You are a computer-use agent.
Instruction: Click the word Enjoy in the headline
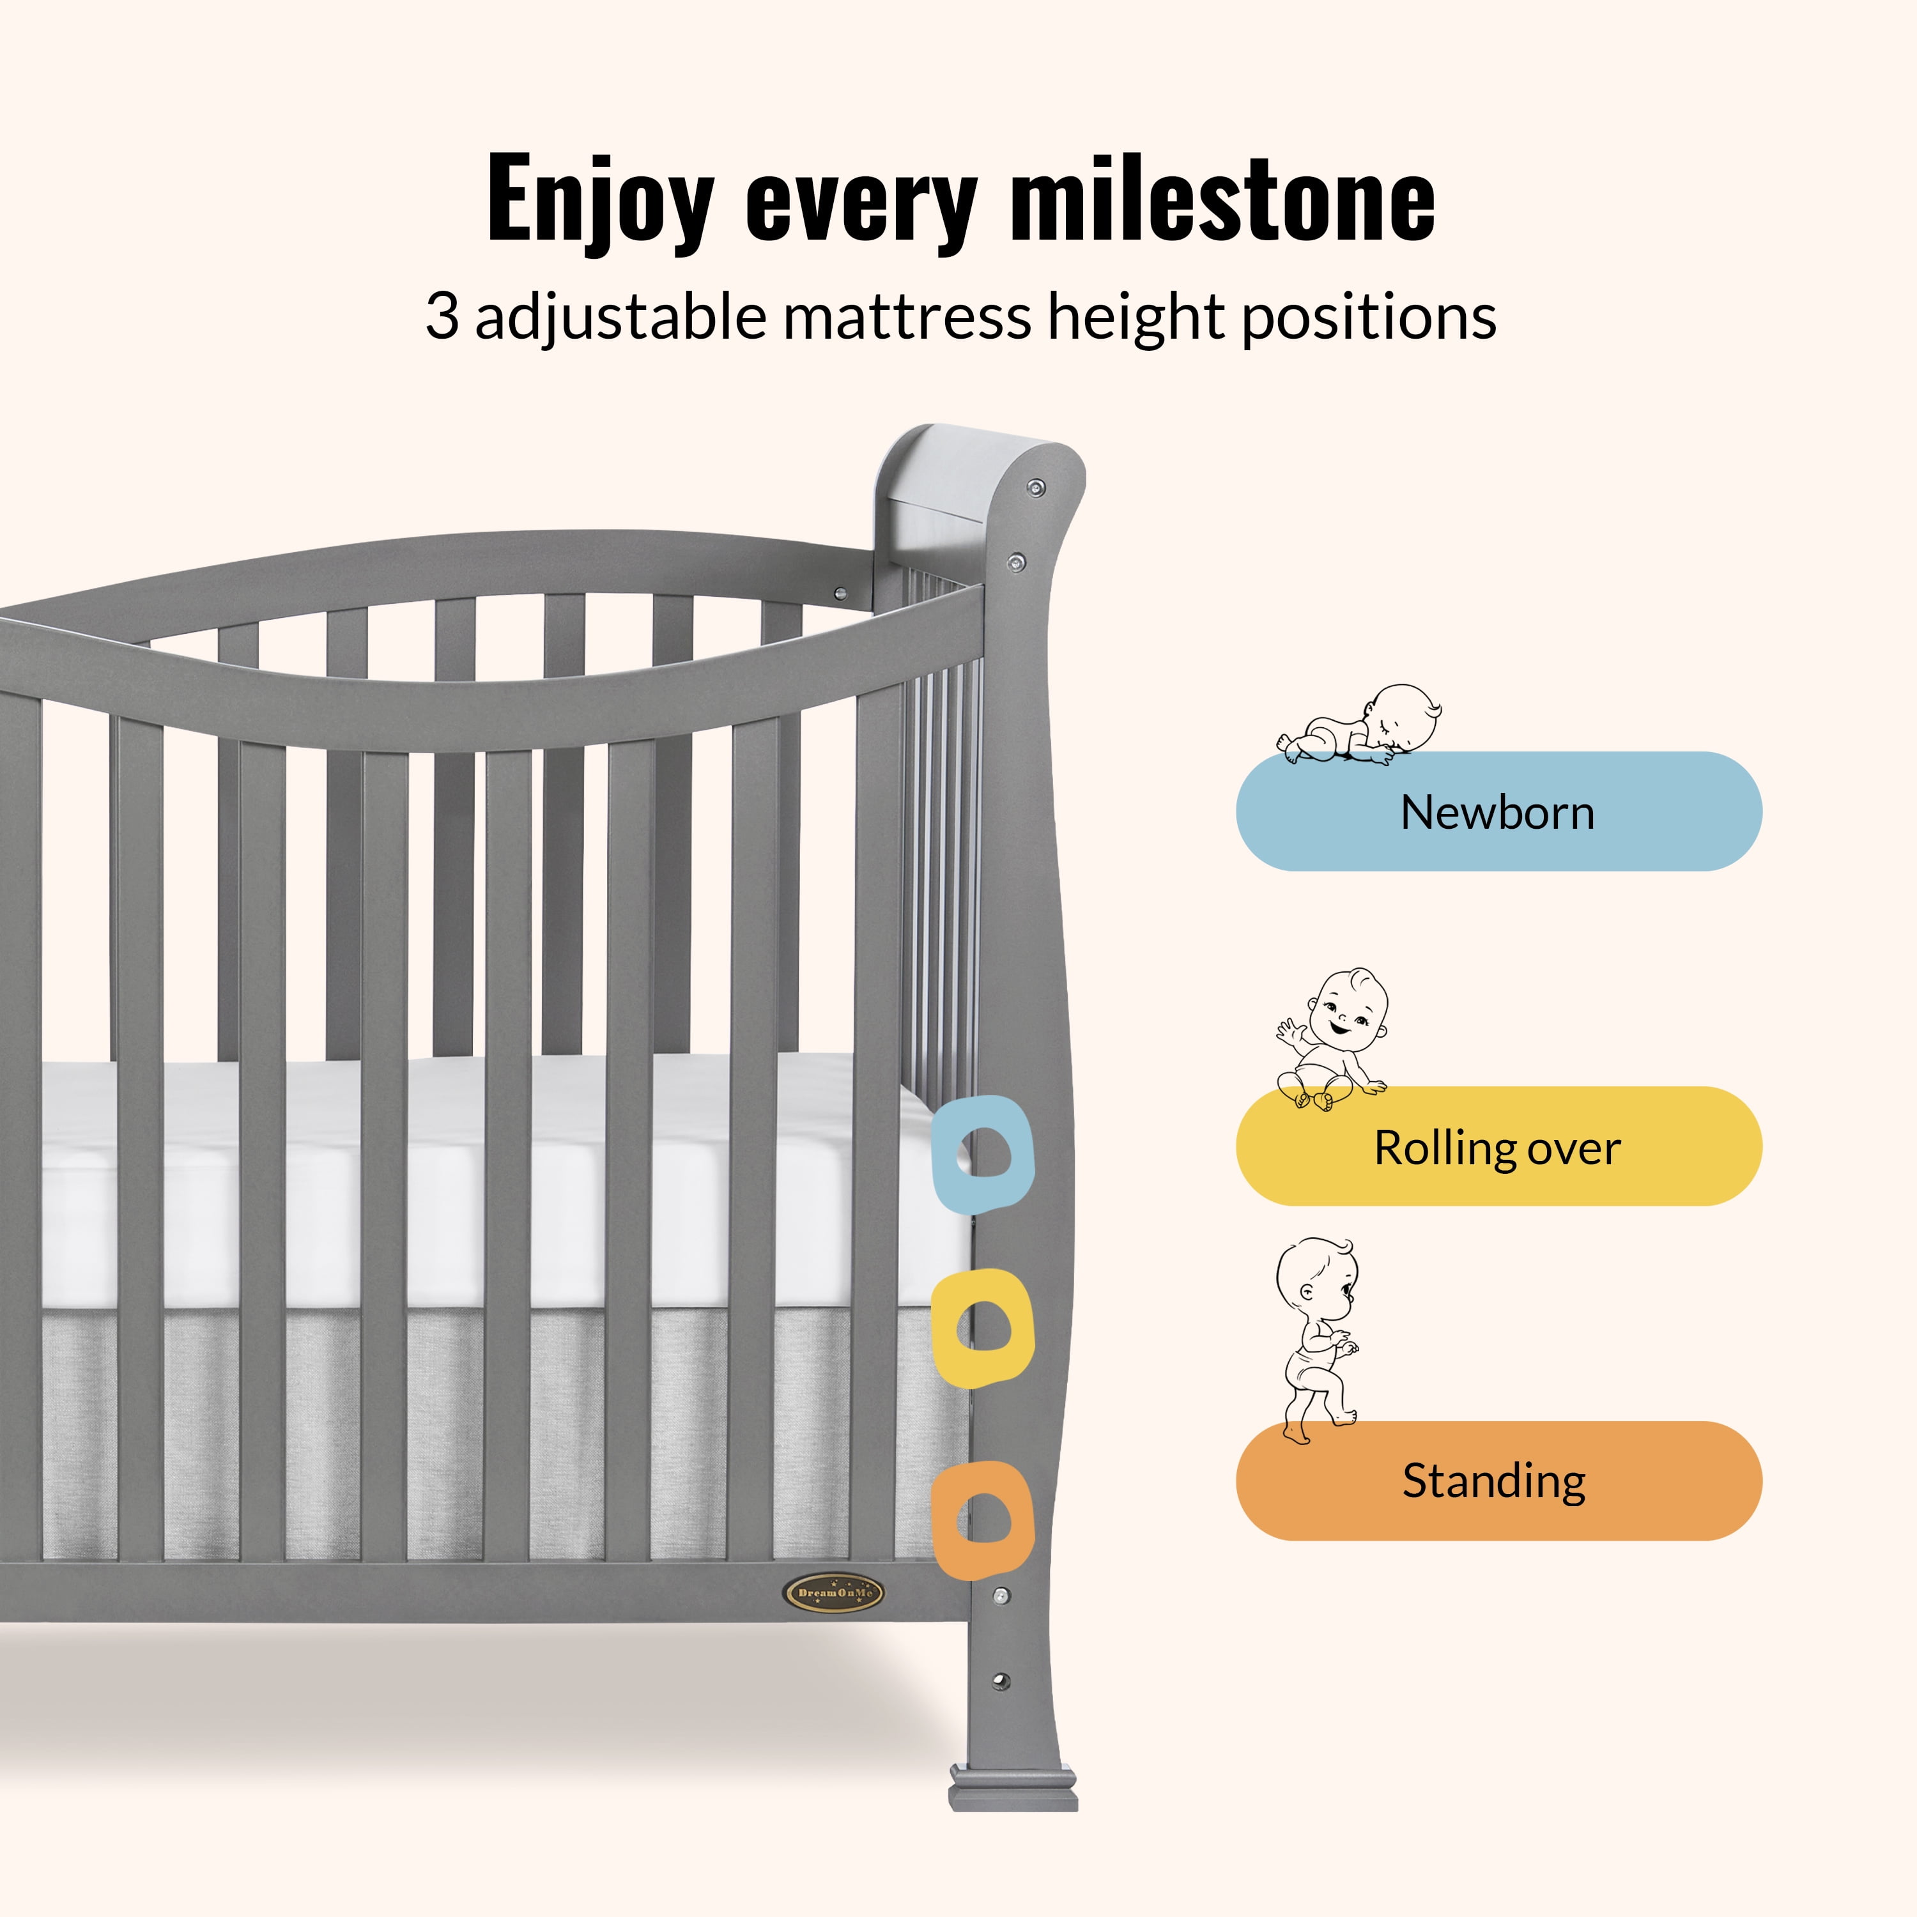pos(600,201)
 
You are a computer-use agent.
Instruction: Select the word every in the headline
pos(862,208)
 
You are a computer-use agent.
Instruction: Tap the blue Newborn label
pos(1498,811)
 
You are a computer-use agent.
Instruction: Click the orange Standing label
pos(1498,1481)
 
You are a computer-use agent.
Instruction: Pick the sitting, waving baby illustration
pos(1332,1039)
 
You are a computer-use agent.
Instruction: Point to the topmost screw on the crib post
pos(1036,487)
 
